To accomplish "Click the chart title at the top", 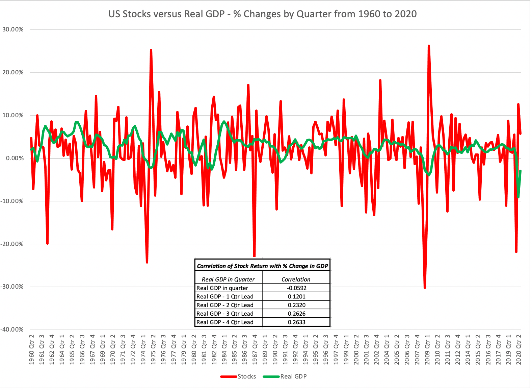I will tap(262, 14).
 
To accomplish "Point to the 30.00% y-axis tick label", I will tap(13, 29).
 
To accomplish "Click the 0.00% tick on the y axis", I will tap(14, 158).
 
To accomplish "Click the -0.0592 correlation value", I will tap(296, 288).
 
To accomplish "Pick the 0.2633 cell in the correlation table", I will tap(296, 322).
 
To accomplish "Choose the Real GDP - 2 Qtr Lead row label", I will tap(225, 305).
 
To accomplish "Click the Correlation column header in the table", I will tap(296, 279).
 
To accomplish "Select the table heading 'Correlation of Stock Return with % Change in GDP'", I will tap(262, 266).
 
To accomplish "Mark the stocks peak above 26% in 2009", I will tap(429, 45).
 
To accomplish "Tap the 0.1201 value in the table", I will tap(296, 296).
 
